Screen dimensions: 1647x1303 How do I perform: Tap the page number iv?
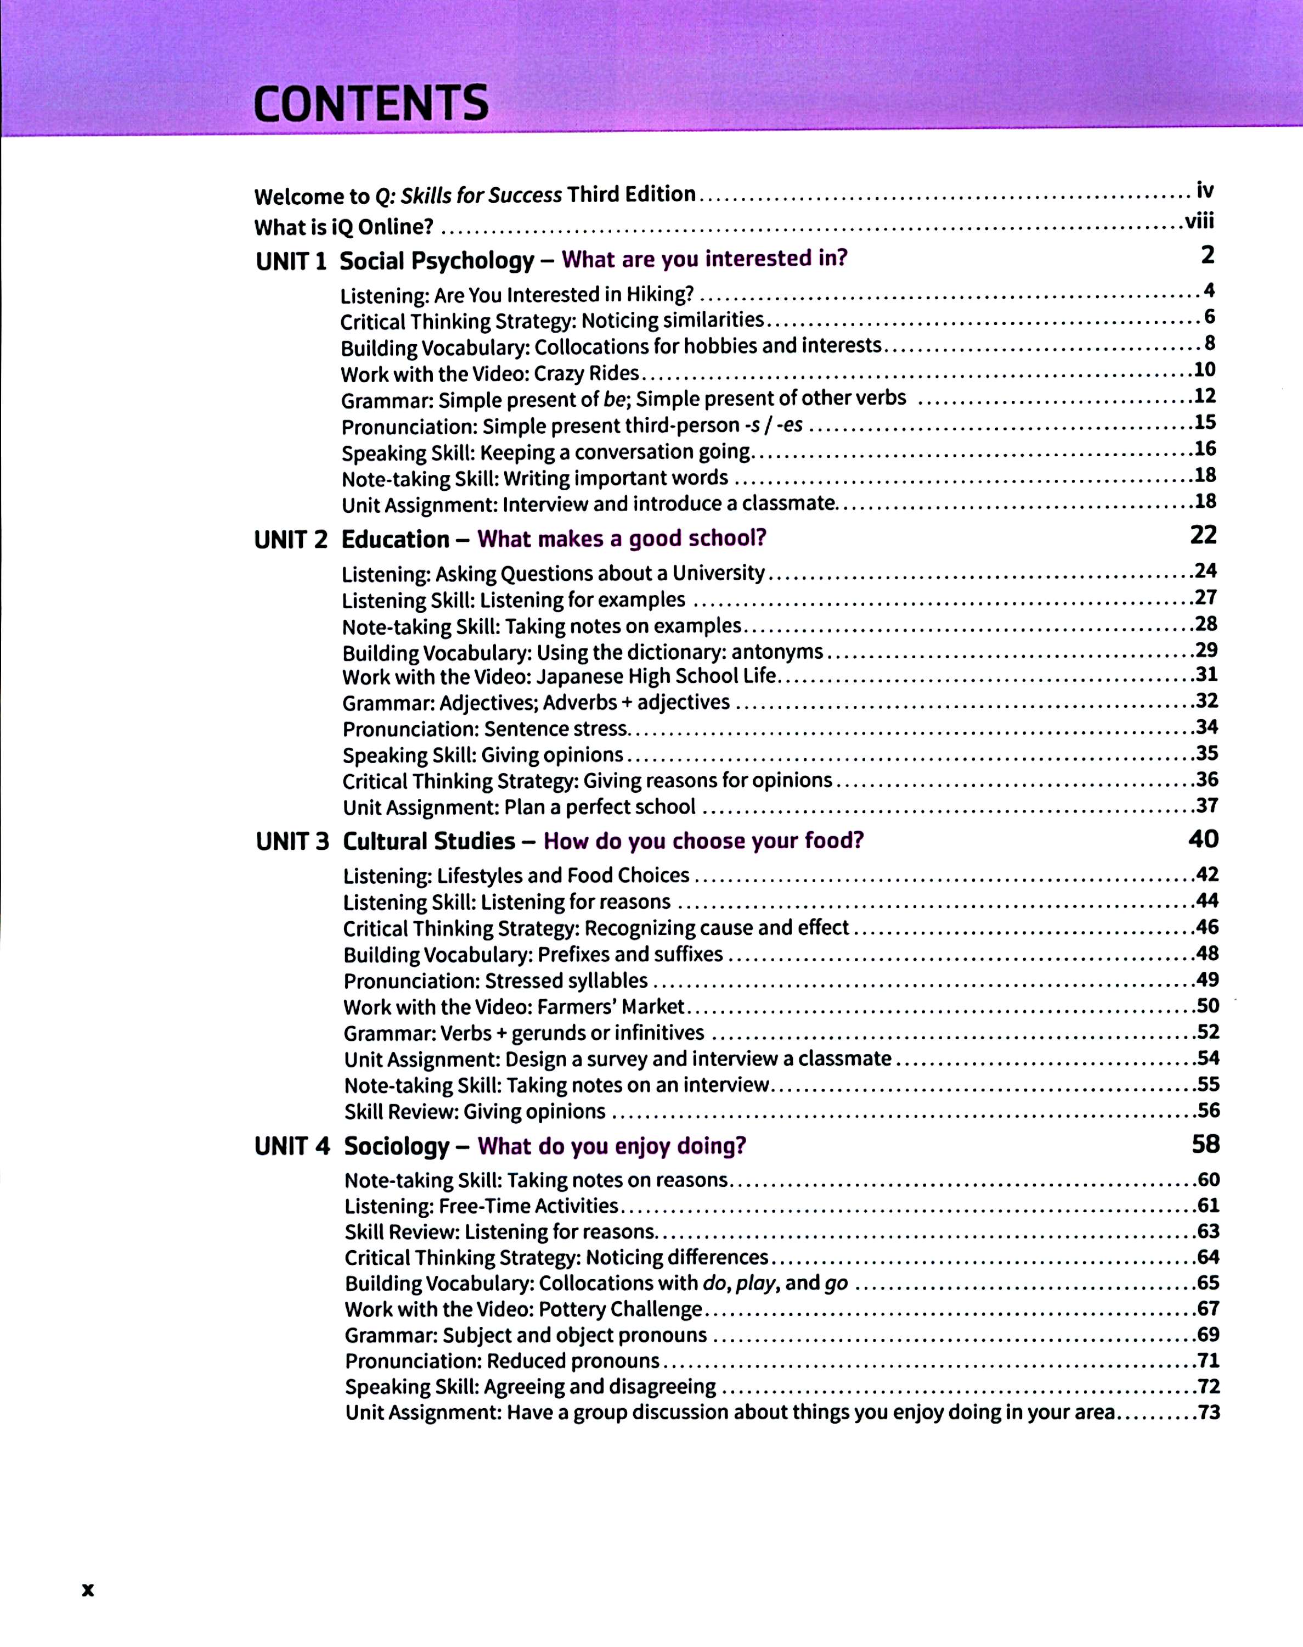(x=1205, y=190)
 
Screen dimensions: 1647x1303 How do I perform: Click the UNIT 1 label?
(x=291, y=262)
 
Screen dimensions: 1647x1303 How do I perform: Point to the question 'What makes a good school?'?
(x=622, y=539)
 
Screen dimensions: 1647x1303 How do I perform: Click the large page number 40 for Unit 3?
(x=1203, y=839)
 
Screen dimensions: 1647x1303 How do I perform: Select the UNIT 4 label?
(x=292, y=1146)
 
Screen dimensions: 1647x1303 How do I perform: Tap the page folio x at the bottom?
(x=88, y=1590)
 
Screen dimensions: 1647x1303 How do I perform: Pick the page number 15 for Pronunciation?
(x=1205, y=422)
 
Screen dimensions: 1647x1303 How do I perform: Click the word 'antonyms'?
(x=777, y=652)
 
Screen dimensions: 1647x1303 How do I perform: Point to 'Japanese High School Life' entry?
(x=656, y=677)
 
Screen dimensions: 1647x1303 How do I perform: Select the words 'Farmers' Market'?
(x=610, y=1007)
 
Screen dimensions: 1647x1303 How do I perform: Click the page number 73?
(x=1209, y=1413)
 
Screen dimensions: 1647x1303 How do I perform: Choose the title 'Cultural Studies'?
(x=428, y=841)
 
